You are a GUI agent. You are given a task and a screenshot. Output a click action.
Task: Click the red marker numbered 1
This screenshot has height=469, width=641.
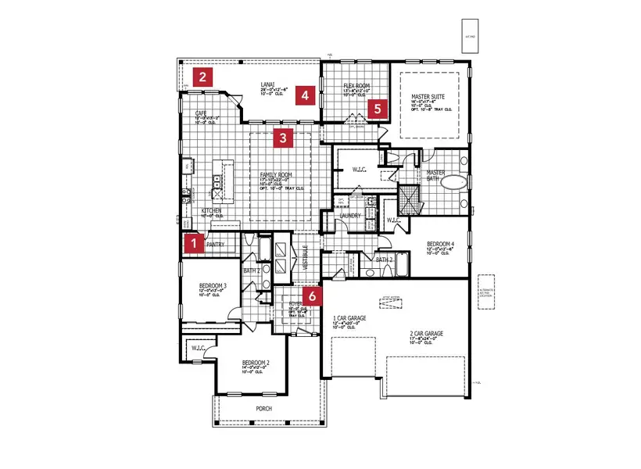pos(192,244)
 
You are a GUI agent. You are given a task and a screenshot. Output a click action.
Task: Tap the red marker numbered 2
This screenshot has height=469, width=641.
pos(202,77)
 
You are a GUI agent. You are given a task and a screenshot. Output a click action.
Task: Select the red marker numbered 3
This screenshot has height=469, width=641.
pos(284,140)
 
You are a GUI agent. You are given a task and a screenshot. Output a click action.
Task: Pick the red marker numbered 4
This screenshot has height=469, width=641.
pos(306,96)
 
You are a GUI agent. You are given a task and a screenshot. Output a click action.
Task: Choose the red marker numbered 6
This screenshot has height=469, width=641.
pos(312,296)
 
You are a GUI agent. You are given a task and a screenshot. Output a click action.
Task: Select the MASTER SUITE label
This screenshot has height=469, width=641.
pos(427,98)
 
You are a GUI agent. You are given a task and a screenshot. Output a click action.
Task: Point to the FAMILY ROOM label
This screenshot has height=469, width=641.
pos(275,174)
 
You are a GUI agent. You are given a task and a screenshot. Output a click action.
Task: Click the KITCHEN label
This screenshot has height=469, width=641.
pos(212,211)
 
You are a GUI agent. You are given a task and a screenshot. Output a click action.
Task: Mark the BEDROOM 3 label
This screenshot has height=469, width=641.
pos(213,285)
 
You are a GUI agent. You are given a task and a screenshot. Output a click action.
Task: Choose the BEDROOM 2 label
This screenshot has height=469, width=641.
pos(256,363)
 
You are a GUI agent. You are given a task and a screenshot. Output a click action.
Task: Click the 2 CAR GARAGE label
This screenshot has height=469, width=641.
pos(426,334)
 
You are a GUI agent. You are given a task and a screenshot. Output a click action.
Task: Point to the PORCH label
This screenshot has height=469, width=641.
pos(264,409)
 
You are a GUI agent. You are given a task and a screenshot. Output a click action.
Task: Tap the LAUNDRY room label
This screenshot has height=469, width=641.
pos(349,216)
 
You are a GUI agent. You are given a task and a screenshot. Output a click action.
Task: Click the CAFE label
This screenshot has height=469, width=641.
pos(201,113)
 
